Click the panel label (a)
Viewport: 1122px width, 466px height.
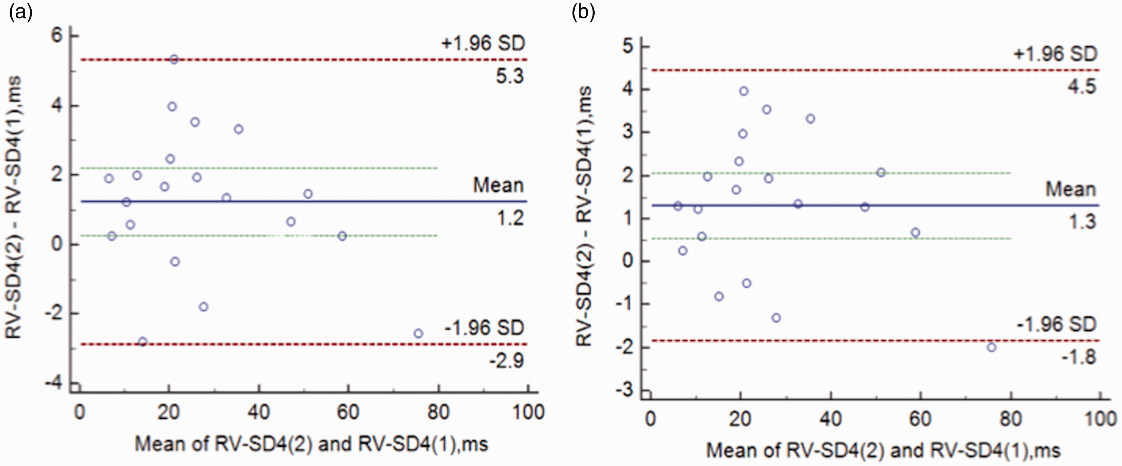coord(21,13)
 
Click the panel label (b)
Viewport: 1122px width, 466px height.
coord(583,13)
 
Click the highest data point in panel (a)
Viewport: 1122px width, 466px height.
coord(174,60)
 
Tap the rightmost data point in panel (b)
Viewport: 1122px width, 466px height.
coord(992,347)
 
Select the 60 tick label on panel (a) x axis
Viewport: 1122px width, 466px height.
coord(348,412)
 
